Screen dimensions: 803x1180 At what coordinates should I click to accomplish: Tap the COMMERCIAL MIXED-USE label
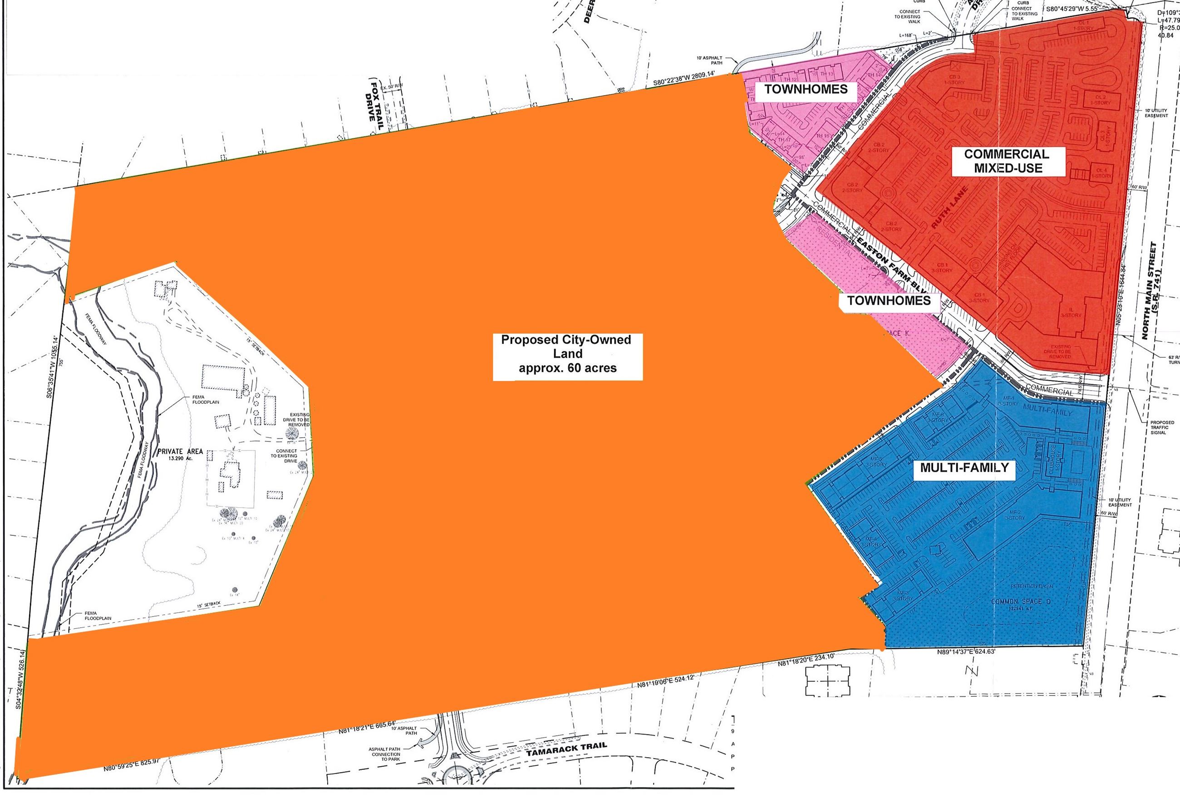[1008, 161]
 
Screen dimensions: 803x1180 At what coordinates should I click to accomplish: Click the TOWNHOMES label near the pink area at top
[805, 89]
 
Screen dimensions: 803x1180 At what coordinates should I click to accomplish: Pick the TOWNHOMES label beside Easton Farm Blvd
[889, 300]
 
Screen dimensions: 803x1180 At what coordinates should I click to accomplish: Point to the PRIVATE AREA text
[180, 451]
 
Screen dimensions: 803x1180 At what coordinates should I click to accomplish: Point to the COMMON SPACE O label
[1021, 602]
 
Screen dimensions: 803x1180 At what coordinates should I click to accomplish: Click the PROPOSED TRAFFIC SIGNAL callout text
[1162, 427]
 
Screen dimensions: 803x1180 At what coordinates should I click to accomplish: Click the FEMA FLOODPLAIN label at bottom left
[98, 616]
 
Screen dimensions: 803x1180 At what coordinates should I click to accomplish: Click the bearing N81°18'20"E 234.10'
[806, 660]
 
